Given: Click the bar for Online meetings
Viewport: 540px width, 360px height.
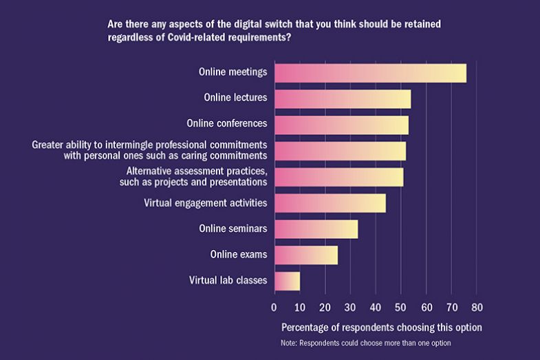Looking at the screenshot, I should pyautogui.click(x=370, y=73).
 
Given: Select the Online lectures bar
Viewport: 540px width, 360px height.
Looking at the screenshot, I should pyautogui.click(x=343, y=98).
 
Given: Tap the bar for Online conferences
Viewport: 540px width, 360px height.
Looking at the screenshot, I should pyautogui.click(x=341, y=125).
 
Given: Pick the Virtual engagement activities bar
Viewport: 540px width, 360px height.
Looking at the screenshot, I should pyautogui.click(x=330, y=203).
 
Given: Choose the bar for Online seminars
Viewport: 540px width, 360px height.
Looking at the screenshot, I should pyautogui.click(x=316, y=229).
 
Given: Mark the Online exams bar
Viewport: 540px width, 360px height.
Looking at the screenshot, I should pyautogui.click(x=305, y=255).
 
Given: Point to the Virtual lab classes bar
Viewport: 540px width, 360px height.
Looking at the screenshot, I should pyautogui.click(x=287, y=281).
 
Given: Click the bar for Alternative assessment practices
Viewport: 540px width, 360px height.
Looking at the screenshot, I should pyautogui.click(x=338, y=177).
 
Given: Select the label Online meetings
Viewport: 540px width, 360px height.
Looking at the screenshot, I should pyautogui.click(x=233, y=72).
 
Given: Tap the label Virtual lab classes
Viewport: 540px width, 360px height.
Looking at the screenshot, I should pyautogui.click(x=228, y=280).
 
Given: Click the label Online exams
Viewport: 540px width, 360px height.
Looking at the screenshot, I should pyautogui.click(x=238, y=255).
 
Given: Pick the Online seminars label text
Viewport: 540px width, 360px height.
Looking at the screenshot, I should pyautogui.click(x=233, y=229).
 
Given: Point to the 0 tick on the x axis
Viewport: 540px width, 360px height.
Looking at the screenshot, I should pyautogui.click(x=274, y=307).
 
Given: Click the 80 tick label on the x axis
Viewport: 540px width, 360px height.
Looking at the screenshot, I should pyautogui.click(x=477, y=307).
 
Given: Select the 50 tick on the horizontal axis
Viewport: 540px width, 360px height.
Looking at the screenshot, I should pyautogui.click(x=401, y=307).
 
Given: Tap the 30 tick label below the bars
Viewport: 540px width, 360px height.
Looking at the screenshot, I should pyautogui.click(x=350, y=307).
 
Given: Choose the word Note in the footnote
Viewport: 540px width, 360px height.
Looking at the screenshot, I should pyautogui.click(x=289, y=343).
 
